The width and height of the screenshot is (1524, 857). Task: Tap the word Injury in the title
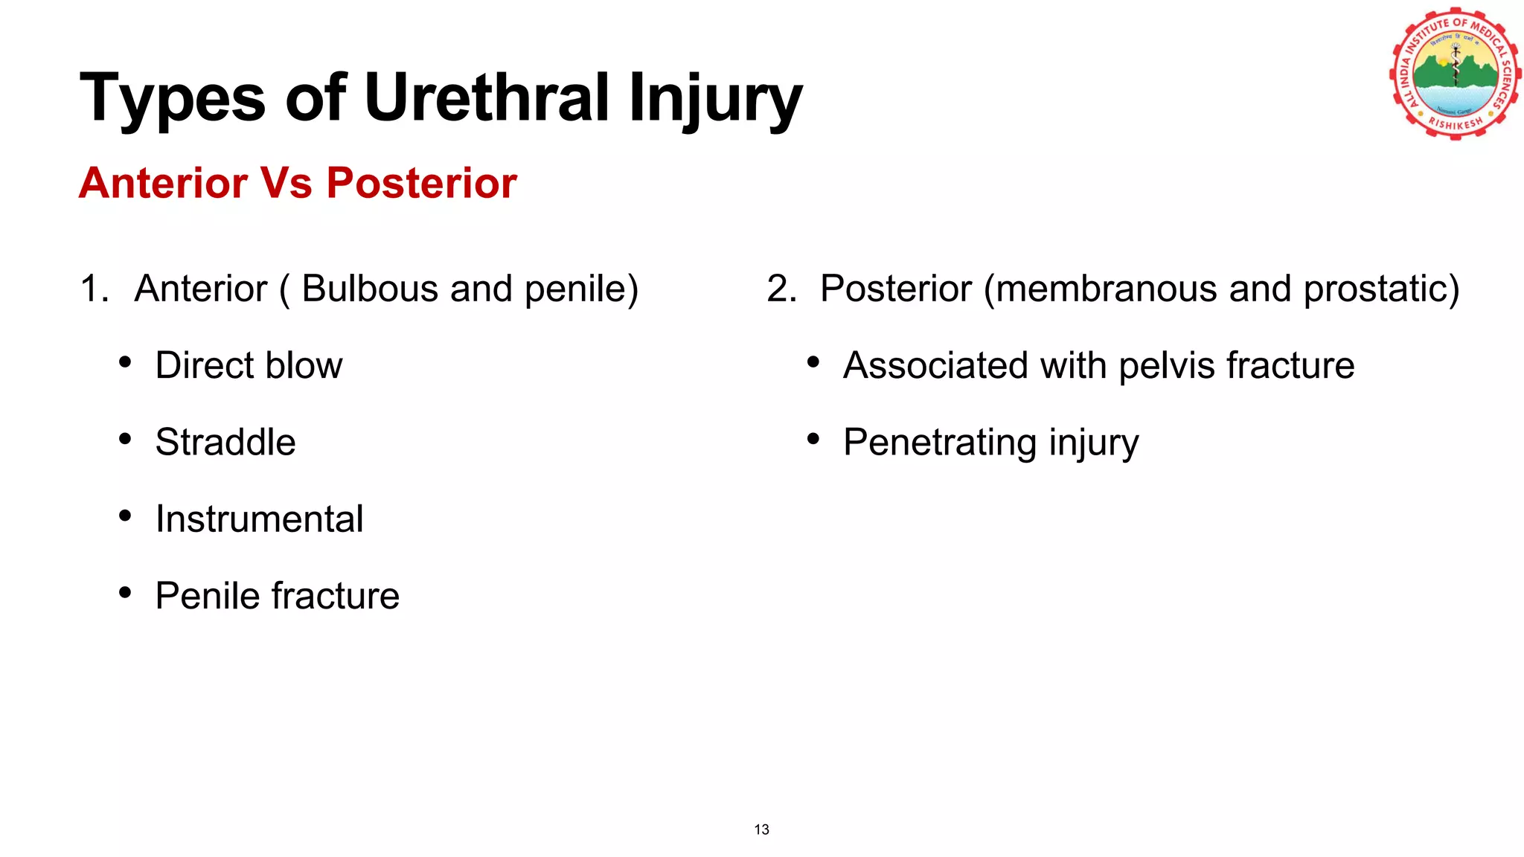[714, 98]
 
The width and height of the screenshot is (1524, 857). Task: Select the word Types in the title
[172, 98]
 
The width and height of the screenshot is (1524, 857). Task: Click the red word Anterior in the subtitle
[163, 183]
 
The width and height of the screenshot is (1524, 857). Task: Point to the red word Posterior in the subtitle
[421, 183]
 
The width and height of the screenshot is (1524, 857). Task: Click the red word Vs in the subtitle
[286, 183]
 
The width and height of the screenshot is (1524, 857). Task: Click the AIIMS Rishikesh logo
[1454, 74]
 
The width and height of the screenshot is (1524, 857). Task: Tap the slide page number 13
[761, 829]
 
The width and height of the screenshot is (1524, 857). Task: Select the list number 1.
[92, 289]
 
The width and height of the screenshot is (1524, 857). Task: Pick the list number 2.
[780, 289]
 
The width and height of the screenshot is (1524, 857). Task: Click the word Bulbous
[370, 289]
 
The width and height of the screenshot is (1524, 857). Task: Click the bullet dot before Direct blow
[125, 363]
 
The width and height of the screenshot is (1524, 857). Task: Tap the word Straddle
[225, 442]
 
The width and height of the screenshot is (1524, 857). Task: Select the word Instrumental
[259, 519]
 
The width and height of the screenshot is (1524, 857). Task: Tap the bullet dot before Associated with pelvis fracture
[813, 363]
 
